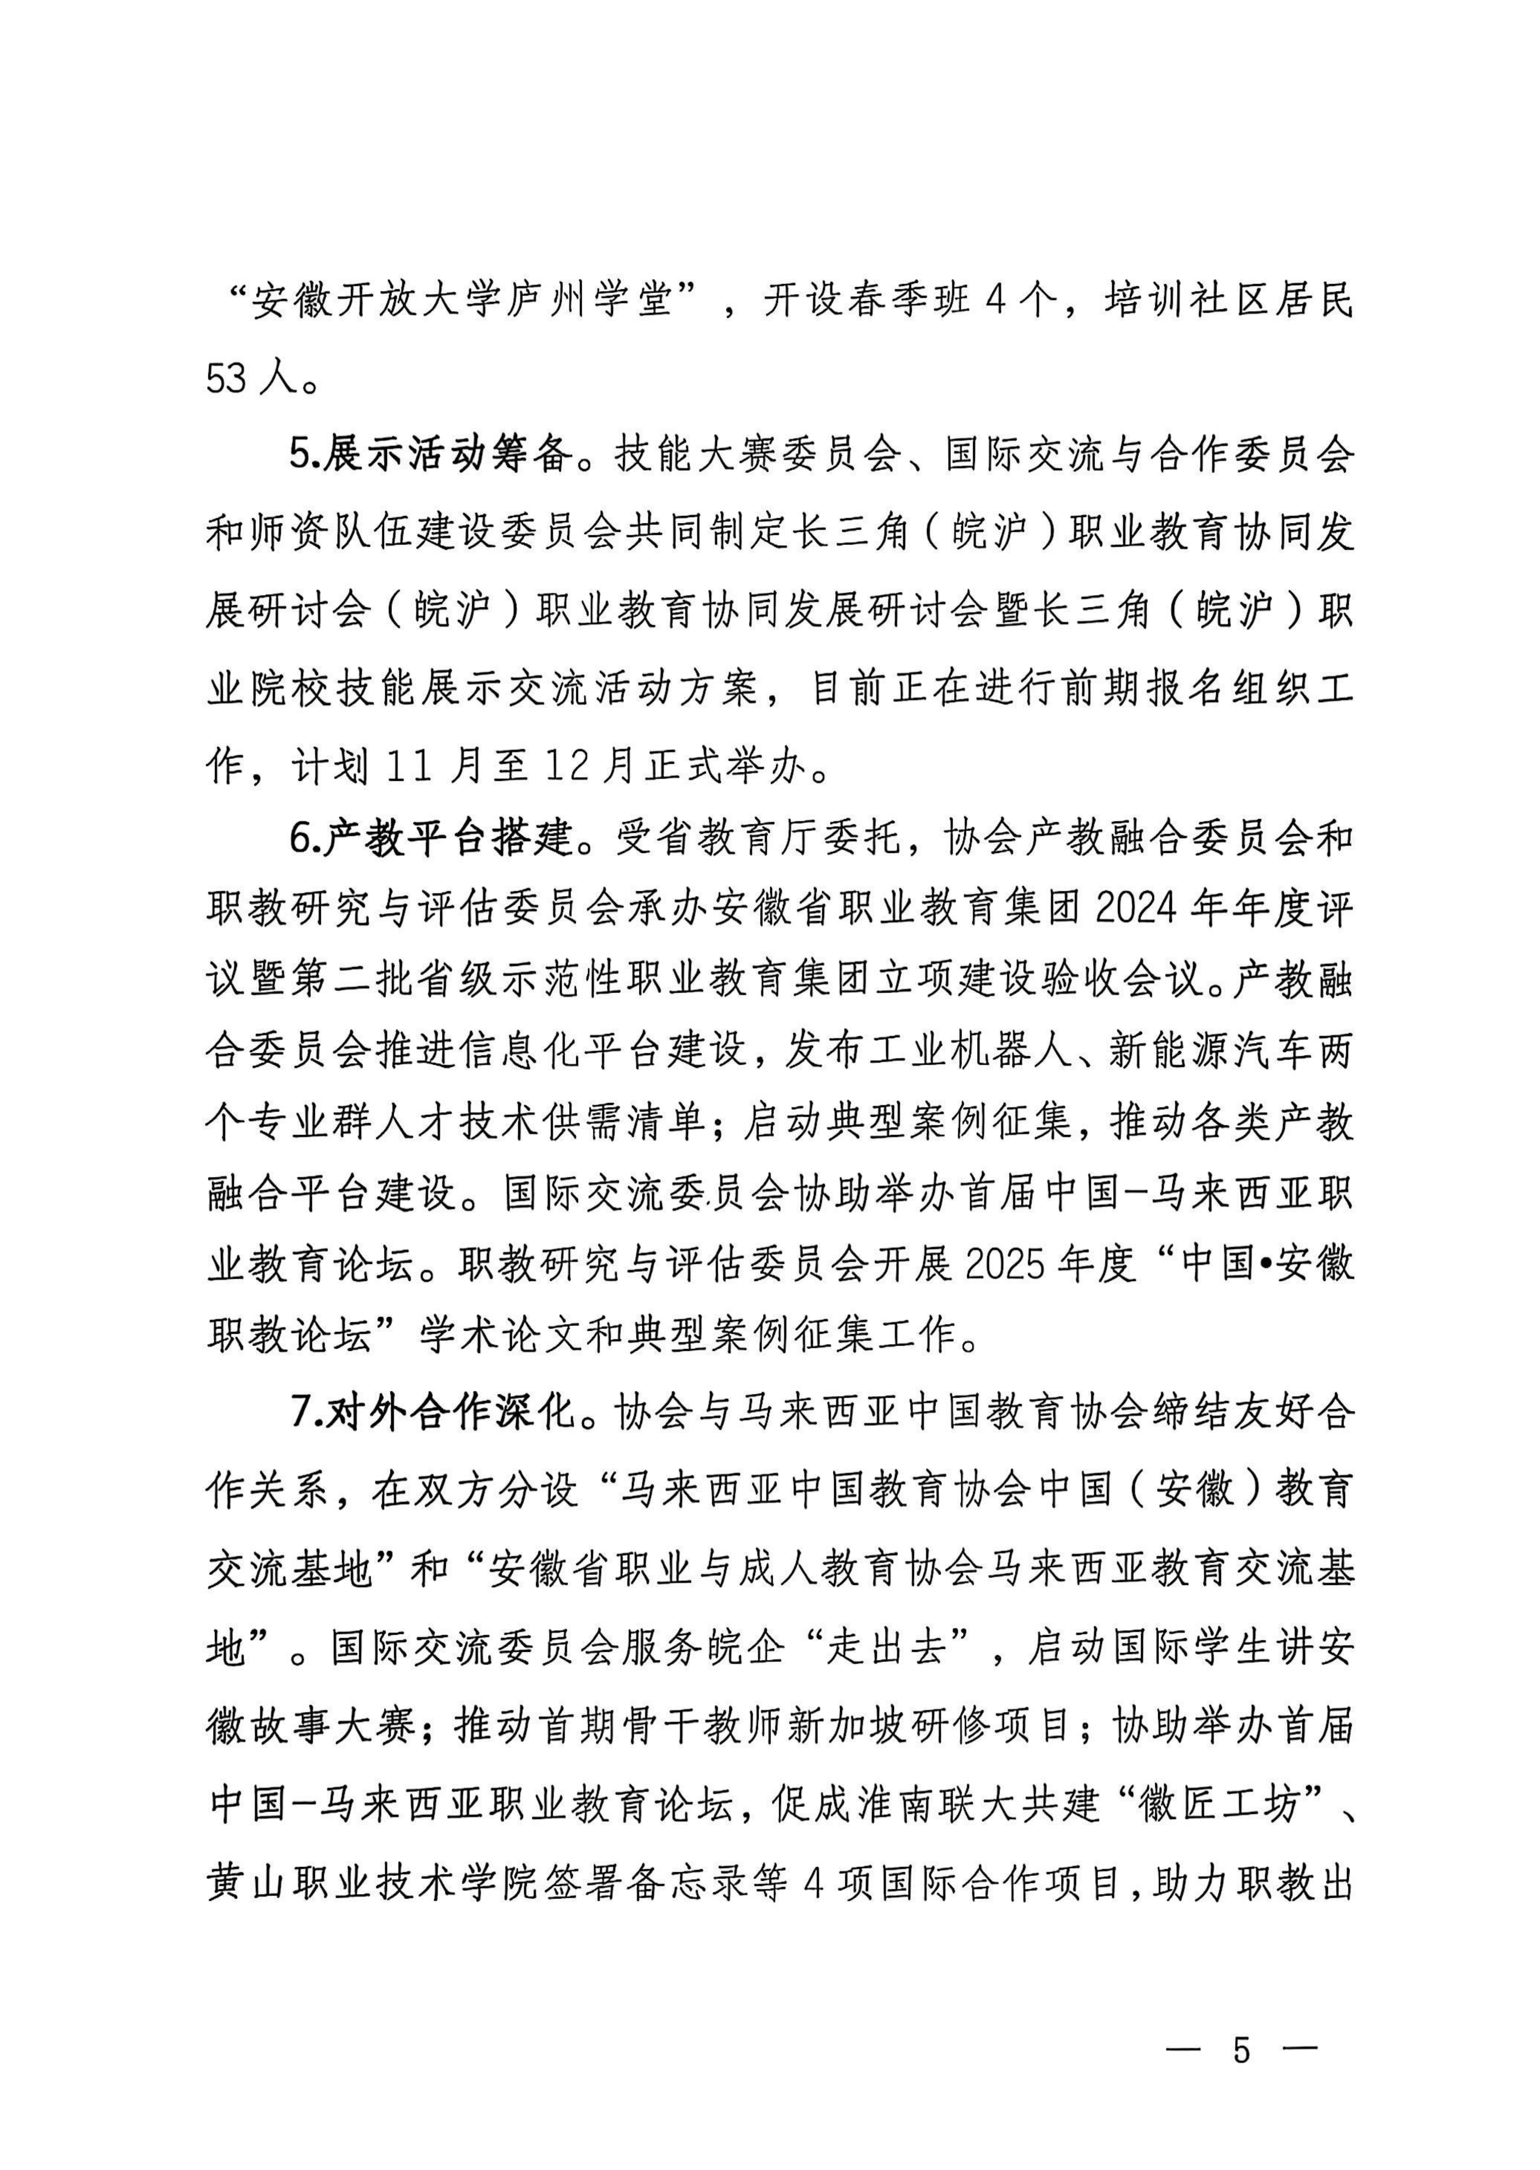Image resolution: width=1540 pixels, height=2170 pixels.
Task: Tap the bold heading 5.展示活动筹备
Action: pos(432,456)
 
